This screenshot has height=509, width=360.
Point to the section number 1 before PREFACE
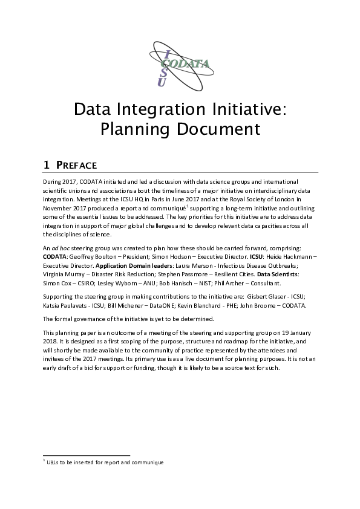(x=47, y=164)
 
